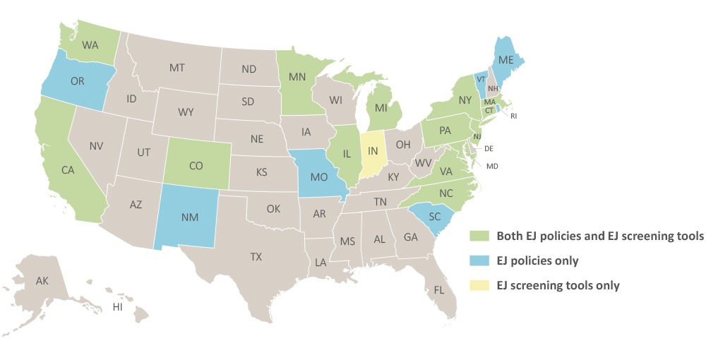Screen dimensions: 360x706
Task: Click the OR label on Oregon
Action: tap(78, 81)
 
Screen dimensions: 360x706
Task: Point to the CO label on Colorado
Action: tap(198, 167)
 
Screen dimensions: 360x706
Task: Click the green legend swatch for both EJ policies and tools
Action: tap(481, 236)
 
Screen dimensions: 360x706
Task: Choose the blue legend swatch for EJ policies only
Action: tap(481, 260)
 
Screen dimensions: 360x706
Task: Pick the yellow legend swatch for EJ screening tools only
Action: tap(481, 286)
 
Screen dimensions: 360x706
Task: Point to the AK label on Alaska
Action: tap(42, 280)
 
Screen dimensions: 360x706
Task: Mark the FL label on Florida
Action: tap(439, 289)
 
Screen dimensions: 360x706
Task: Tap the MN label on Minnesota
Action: tap(297, 76)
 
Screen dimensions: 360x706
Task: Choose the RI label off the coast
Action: tap(513, 115)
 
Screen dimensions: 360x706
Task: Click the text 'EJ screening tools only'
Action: tap(558, 286)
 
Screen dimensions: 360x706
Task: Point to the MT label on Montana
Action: tap(176, 68)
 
